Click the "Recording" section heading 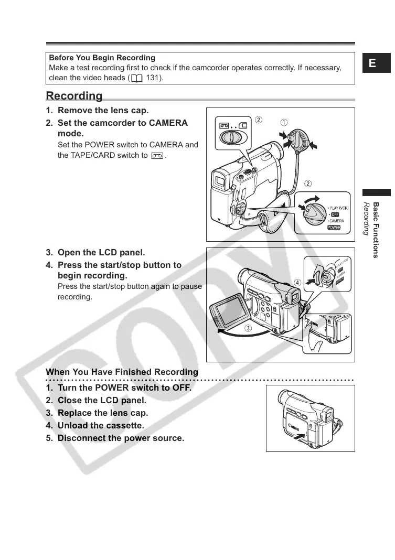click(x=74, y=96)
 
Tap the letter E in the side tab click(x=372, y=63)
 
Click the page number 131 click(x=154, y=79)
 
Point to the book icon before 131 click(x=137, y=79)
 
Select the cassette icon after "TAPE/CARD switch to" click(x=156, y=156)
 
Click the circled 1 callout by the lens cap click(x=283, y=122)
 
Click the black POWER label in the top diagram click(x=334, y=228)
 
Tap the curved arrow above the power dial click(x=310, y=198)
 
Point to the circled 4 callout click(x=297, y=282)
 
